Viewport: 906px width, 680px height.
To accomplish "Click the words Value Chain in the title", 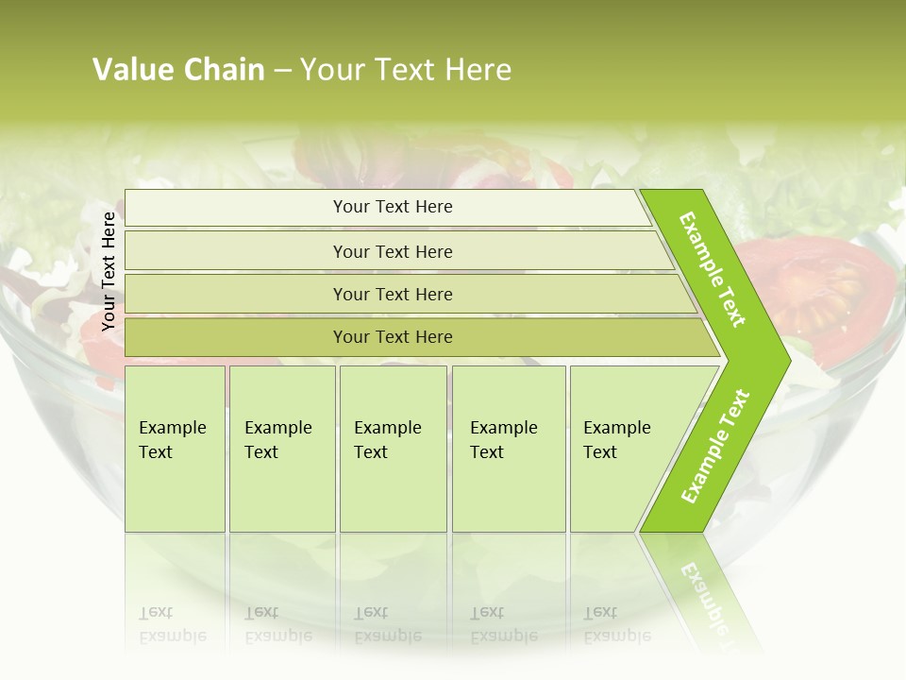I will tap(178, 70).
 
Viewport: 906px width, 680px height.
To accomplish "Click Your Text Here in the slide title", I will tap(406, 70).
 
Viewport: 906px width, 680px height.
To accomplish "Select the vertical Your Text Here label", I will tap(109, 271).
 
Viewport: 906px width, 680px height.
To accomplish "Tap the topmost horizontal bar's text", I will tap(393, 207).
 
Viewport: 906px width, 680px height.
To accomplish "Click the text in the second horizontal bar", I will tap(393, 252).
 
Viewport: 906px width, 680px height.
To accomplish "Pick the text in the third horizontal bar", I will tap(393, 295).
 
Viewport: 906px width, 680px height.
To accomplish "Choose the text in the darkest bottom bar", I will tap(393, 337).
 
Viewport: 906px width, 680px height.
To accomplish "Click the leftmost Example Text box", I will tap(175, 449).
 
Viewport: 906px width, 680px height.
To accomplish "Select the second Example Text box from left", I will tap(281, 449).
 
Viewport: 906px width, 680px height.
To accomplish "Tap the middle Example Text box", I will tap(393, 449).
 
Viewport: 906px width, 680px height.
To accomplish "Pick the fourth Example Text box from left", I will tap(508, 449).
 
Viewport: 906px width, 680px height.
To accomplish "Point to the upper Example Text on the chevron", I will tap(713, 269).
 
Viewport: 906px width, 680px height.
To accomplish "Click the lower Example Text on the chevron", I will tap(714, 447).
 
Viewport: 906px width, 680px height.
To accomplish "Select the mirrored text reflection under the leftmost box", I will tap(173, 624).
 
